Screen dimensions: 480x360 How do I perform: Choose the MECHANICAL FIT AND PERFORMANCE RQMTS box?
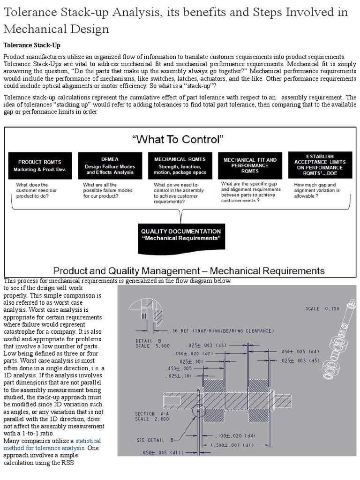[x=250, y=165]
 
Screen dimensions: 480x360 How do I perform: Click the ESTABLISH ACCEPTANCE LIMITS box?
[x=320, y=165]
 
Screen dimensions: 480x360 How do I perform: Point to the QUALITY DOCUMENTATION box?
[x=181, y=235]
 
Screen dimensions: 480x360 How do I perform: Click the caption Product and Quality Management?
[x=189, y=270]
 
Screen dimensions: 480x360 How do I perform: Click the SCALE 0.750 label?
[x=322, y=309]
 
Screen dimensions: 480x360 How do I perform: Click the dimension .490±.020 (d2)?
[x=194, y=353]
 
